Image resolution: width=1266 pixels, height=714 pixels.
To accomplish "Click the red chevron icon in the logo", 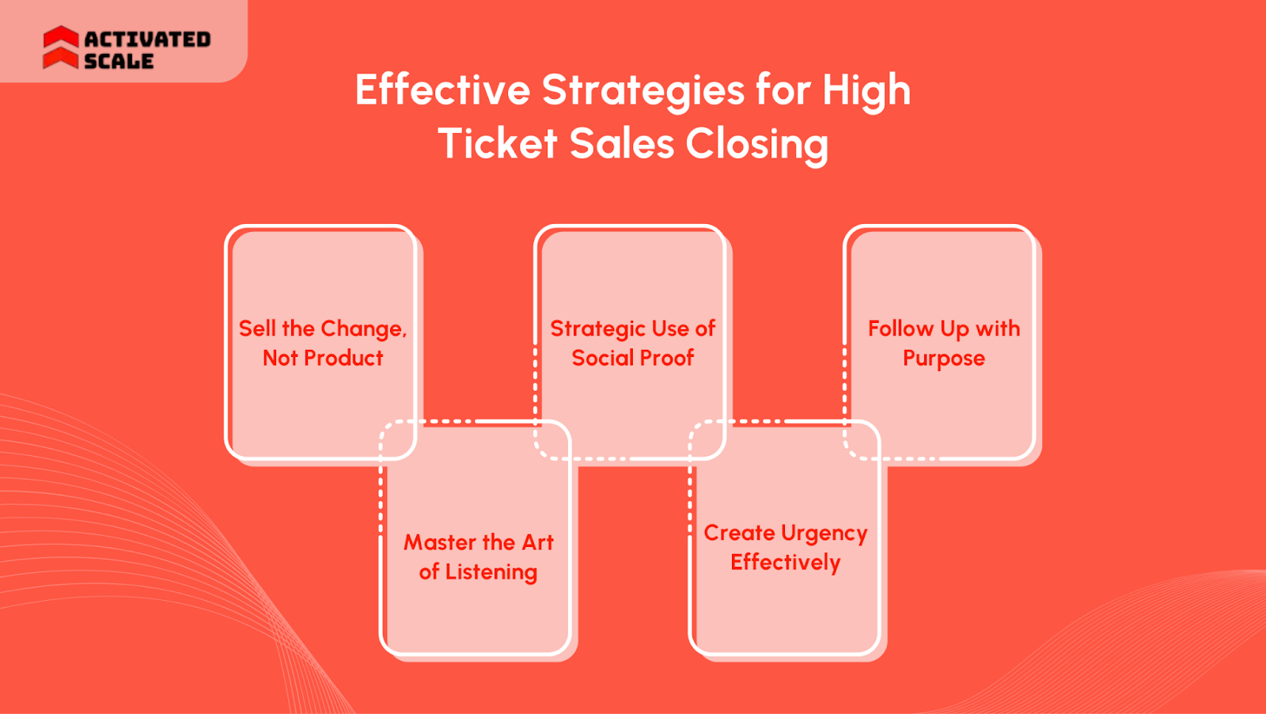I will click(61, 47).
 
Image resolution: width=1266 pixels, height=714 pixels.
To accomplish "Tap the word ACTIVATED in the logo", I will click(147, 39).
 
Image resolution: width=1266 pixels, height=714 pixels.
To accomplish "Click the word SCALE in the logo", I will click(119, 61).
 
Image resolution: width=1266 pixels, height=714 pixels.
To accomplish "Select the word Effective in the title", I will click(442, 89).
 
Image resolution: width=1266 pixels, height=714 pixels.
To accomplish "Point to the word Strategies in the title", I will click(643, 91).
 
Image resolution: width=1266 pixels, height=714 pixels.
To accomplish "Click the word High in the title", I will click(866, 91).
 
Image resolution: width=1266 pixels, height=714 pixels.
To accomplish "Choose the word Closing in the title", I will click(757, 145).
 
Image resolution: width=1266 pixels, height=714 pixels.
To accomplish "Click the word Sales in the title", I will click(622, 144).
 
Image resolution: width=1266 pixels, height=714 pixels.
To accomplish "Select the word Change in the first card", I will click(364, 329).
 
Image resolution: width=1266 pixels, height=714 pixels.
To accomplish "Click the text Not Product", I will click(323, 358).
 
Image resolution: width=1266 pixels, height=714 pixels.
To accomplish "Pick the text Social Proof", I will click(633, 358).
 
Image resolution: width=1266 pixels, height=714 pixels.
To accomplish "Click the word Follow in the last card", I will click(900, 329).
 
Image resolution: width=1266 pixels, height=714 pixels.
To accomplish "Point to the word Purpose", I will click(944, 359).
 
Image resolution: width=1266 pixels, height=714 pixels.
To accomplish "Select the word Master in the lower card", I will click(440, 542).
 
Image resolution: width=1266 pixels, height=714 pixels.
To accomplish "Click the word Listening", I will click(491, 572).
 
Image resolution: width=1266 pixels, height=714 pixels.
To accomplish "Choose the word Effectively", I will click(786, 563).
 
